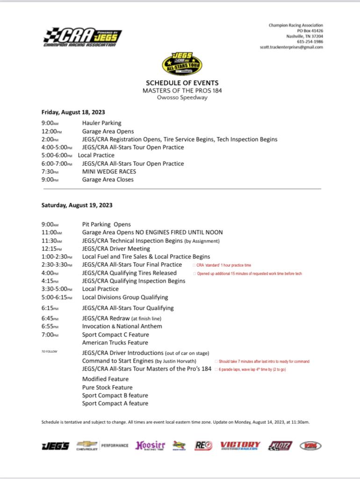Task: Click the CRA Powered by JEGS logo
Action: [x=83, y=37]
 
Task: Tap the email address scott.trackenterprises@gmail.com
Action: [x=291, y=47]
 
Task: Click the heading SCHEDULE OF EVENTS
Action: [x=182, y=83]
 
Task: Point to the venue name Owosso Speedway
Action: [x=182, y=97]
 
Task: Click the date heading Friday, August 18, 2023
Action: [x=73, y=112]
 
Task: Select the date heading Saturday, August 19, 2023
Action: [x=77, y=205]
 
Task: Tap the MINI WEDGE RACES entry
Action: [x=109, y=172]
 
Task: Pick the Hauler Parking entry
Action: [x=101, y=123]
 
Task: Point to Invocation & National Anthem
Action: [x=122, y=326]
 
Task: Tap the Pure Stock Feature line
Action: [x=107, y=387]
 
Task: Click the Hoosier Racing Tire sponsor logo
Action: [x=150, y=446]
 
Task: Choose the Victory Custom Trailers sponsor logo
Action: [x=240, y=446]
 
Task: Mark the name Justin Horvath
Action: [x=180, y=361]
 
